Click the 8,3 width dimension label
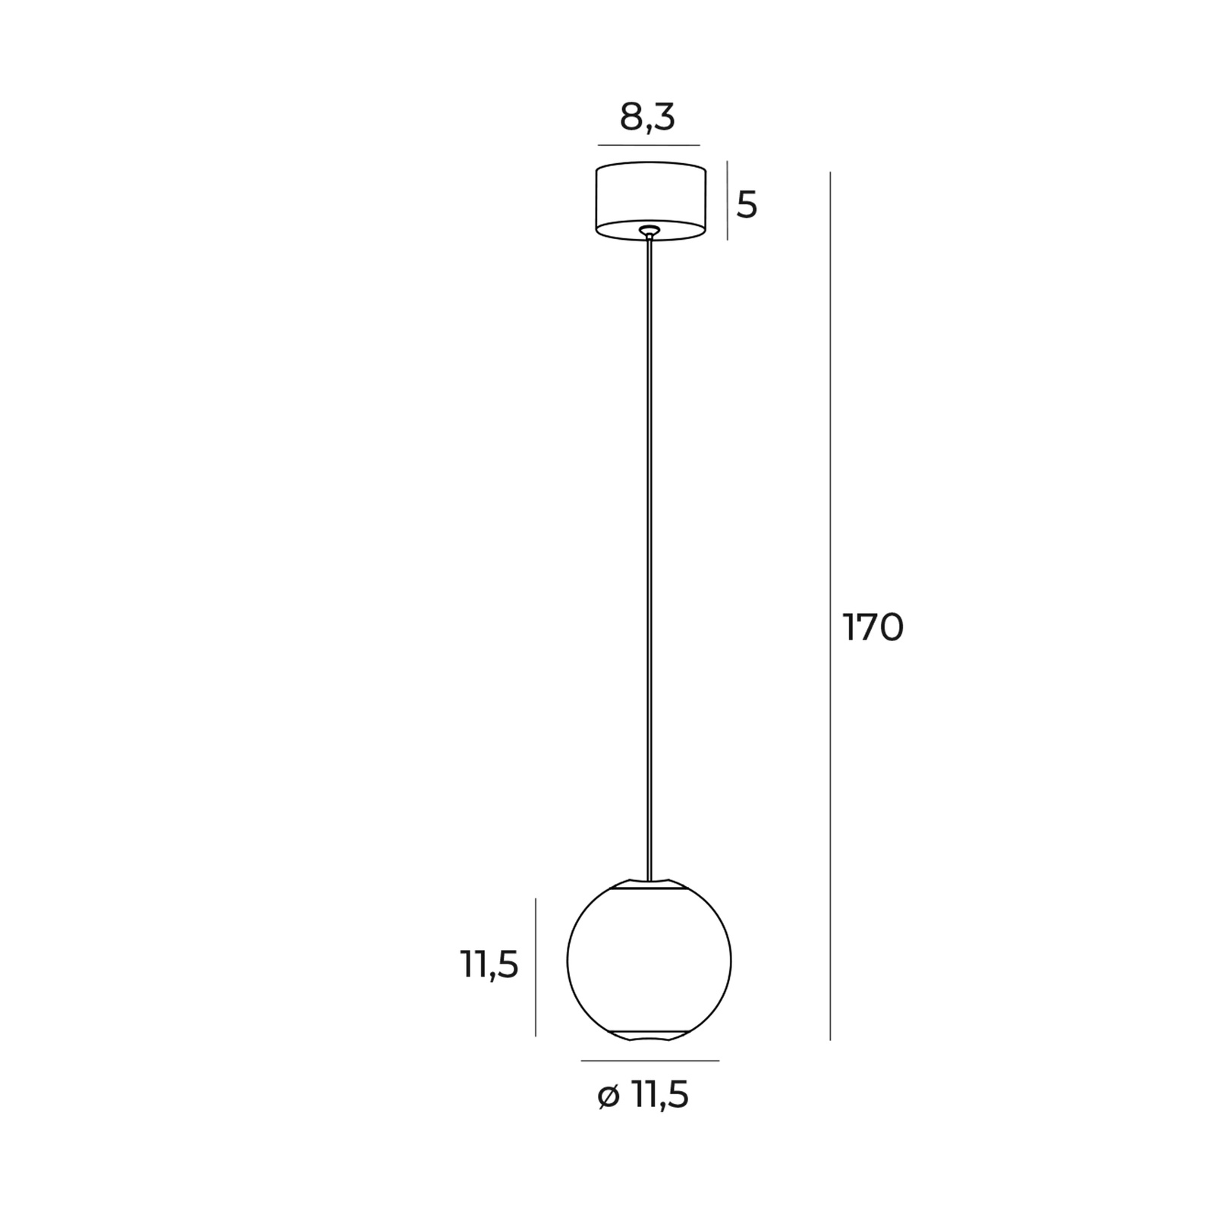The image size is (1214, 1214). (647, 118)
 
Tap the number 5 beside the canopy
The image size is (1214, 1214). (747, 205)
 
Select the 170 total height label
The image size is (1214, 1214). (873, 628)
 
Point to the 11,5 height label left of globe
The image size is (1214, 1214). (489, 966)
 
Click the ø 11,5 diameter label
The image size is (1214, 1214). (643, 1096)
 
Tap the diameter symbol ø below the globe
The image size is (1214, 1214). (609, 1097)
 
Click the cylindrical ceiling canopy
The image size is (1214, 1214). (651, 200)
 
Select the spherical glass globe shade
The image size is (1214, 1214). (649, 960)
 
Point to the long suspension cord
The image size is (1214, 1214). (649, 560)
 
